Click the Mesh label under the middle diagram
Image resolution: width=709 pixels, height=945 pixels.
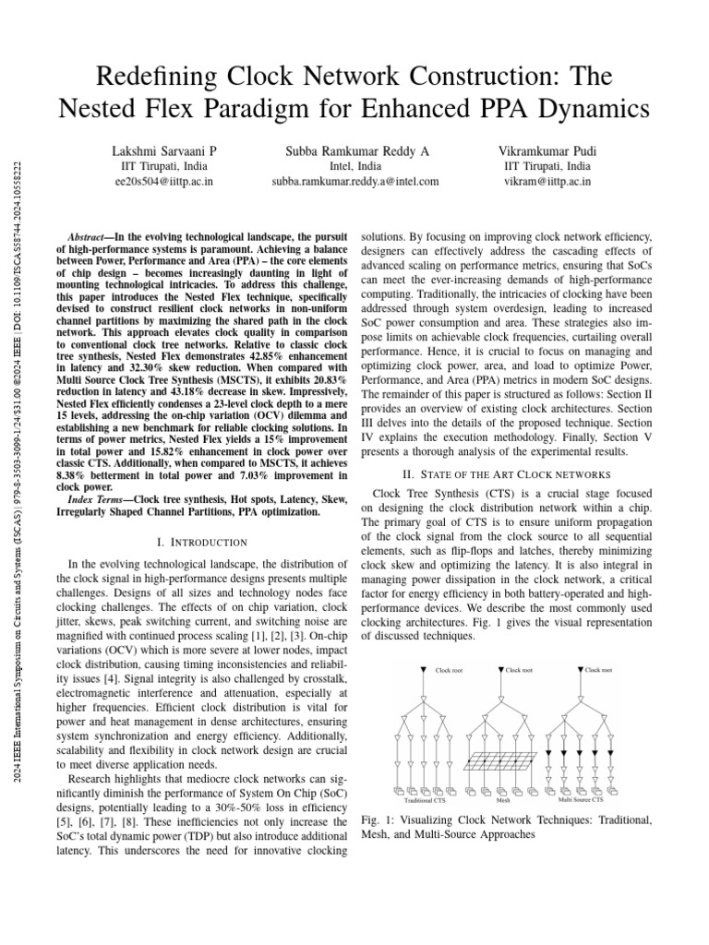503,800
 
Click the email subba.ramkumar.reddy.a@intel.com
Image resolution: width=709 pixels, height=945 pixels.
355,182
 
